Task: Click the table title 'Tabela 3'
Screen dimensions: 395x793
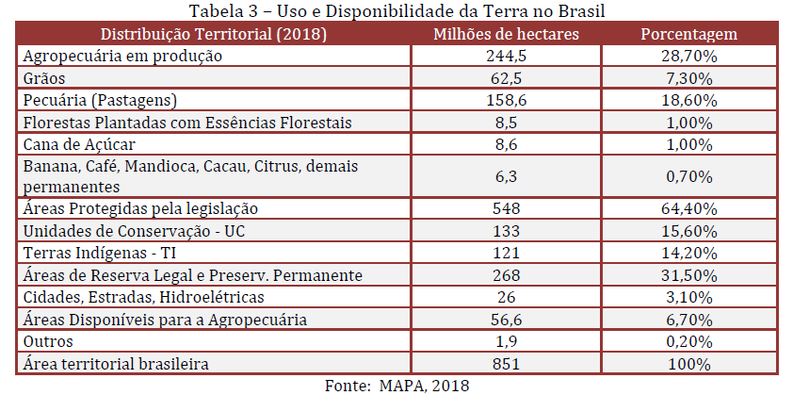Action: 396,11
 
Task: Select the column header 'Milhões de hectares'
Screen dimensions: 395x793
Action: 505,35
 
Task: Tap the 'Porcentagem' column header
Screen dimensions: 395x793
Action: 688,35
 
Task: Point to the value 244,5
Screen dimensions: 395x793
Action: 505,56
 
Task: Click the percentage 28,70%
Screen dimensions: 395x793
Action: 688,56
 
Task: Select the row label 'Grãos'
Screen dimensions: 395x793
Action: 43,77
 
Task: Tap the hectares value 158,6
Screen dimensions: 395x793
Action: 505,99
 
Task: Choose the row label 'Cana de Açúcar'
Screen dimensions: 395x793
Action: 79,143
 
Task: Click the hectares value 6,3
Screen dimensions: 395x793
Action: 505,175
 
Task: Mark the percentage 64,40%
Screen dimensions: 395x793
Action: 688,207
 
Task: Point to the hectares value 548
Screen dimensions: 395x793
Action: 505,207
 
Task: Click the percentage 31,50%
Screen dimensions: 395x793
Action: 688,274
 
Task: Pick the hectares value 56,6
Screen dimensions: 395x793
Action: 505,320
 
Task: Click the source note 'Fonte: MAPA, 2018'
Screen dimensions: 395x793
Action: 396,385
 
